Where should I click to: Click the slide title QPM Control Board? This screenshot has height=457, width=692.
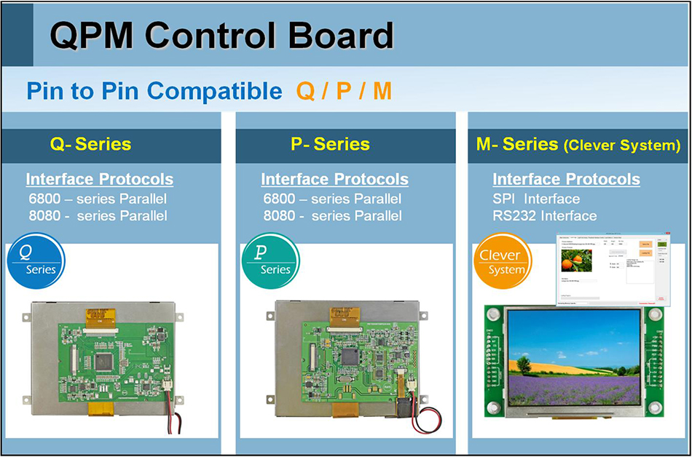[x=221, y=35]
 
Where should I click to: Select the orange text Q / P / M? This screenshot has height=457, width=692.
[x=344, y=91]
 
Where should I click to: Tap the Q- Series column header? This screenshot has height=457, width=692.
[x=90, y=144]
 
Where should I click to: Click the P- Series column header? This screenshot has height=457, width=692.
[x=330, y=144]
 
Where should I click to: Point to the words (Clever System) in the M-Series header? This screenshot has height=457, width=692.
[x=622, y=146]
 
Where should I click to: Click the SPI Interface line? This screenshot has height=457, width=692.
[x=536, y=199]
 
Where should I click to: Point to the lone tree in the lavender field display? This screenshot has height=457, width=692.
[x=522, y=364]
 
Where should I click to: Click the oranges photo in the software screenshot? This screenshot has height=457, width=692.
[x=576, y=260]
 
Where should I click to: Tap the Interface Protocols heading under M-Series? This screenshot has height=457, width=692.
[x=566, y=179]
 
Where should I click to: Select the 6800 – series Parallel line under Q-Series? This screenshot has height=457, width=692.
[x=96, y=199]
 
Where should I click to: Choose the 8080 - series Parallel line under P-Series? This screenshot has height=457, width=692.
[x=332, y=215]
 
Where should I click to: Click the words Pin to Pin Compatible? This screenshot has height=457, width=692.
[x=154, y=91]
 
